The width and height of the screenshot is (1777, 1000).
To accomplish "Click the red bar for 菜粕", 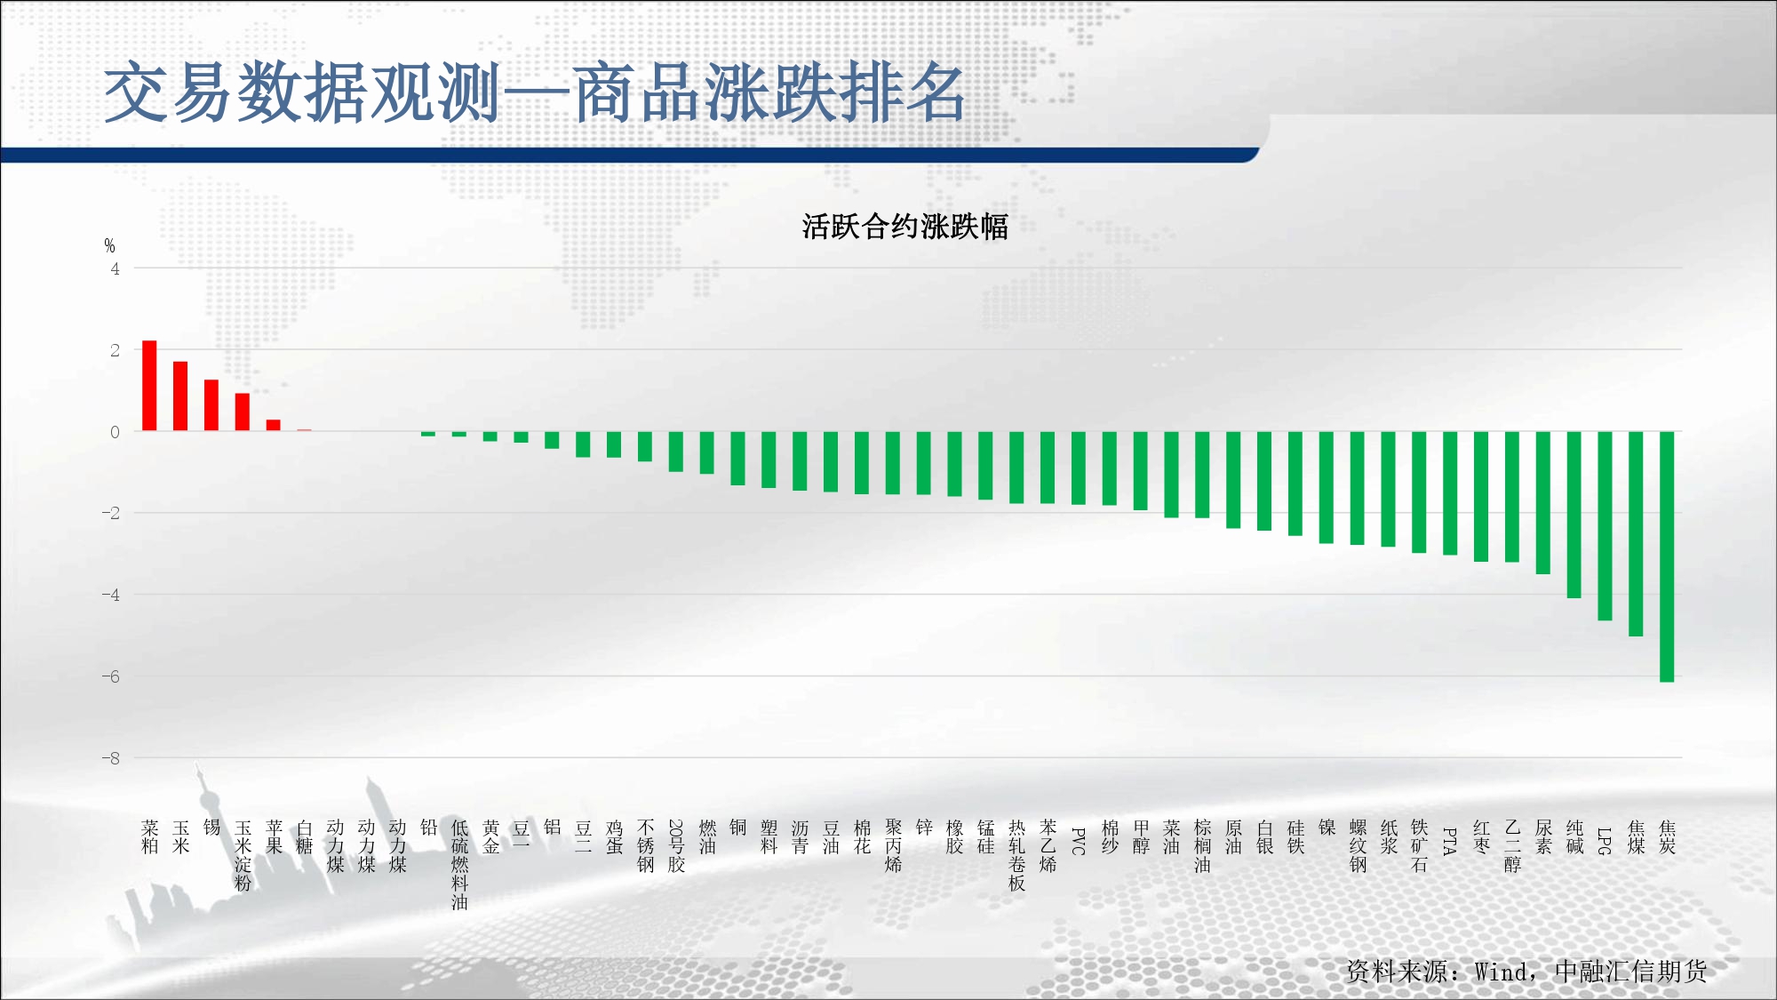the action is coord(149,386).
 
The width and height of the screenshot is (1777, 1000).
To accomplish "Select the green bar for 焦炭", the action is coord(1667,556).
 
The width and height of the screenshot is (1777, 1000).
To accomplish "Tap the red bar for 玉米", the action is coord(180,396).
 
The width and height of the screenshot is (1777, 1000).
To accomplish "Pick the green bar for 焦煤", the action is coord(1636,533).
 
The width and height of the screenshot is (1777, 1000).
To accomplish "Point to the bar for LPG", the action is coord(1605,525).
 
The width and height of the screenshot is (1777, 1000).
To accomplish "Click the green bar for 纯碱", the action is coord(1574,515).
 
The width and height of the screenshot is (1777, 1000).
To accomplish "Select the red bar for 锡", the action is coord(211,405).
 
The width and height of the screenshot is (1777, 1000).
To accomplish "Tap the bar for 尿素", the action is coord(1543,502).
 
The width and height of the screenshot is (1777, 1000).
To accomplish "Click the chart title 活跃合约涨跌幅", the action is coord(905,227).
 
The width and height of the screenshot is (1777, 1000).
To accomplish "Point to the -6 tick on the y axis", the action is coord(111,676).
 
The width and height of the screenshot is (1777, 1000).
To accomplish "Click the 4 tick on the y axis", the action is coord(115,268).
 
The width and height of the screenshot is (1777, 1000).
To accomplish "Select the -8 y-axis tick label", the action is coord(111,758).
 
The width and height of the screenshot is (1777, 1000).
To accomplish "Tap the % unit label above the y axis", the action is coord(109,245).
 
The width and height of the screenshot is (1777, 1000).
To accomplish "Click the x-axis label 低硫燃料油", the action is coord(459,865).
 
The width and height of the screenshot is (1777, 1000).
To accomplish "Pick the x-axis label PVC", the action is coord(1079,841).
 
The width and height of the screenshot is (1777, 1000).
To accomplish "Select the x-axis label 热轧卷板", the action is coord(1017,855).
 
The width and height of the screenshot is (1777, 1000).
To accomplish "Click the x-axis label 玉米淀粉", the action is coord(243,855).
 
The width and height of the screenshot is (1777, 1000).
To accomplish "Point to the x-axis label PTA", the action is coord(1450,841).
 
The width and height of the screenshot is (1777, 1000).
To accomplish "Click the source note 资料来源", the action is coord(1397,972).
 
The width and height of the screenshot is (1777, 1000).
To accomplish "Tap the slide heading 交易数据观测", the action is coord(303,92).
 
